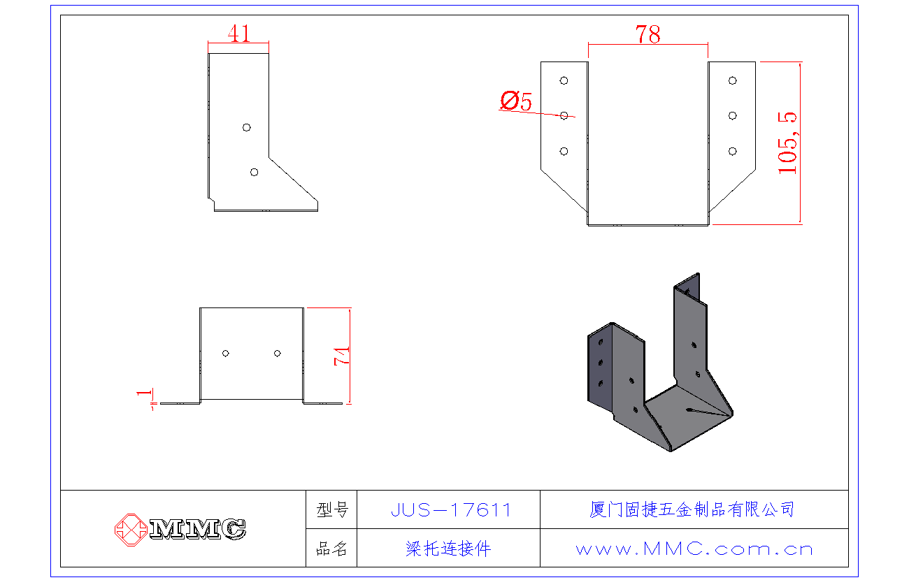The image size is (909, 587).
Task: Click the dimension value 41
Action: click(239, 33)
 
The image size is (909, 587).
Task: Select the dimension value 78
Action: click(647, 34)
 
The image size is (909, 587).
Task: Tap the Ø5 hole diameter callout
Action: click(516, 101)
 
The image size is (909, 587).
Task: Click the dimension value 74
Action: click(343, 356)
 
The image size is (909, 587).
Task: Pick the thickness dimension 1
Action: click(145, 395)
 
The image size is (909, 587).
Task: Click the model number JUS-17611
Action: click(451, 510)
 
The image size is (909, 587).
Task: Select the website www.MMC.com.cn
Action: click(694, 549)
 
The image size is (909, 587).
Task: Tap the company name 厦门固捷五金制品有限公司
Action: click(692, 509)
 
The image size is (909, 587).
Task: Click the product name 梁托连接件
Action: click(448, 549)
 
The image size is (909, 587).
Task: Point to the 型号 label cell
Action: click(331, 510)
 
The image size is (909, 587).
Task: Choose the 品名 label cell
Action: click(331, 549)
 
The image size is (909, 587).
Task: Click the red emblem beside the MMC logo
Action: click(131, 528)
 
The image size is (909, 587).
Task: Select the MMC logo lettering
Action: click(198, 529)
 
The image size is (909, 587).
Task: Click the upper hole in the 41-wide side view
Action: click(246, 127)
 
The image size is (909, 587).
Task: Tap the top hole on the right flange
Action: click(732, 80)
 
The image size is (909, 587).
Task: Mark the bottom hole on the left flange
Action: click(564, 151)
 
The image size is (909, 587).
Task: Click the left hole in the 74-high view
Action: click(225, 353)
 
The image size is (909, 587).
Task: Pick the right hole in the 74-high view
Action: click(277, 353)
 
